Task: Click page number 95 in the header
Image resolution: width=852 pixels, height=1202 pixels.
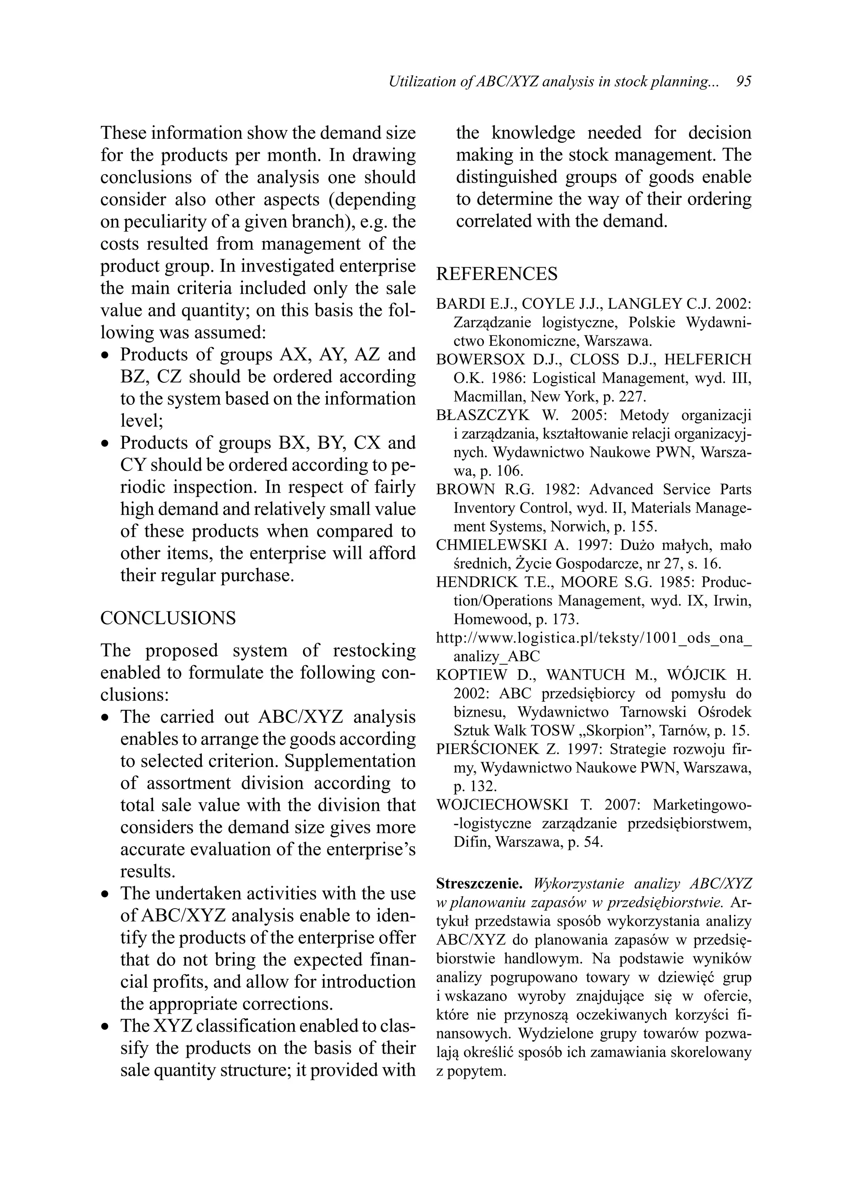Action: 743,82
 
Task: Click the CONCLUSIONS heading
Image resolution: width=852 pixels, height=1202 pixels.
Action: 168,618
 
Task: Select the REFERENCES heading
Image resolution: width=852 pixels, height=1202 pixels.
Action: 497,273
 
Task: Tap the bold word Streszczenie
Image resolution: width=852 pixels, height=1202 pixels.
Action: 479,884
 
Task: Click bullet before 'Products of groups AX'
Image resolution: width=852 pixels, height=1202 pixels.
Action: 106,356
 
